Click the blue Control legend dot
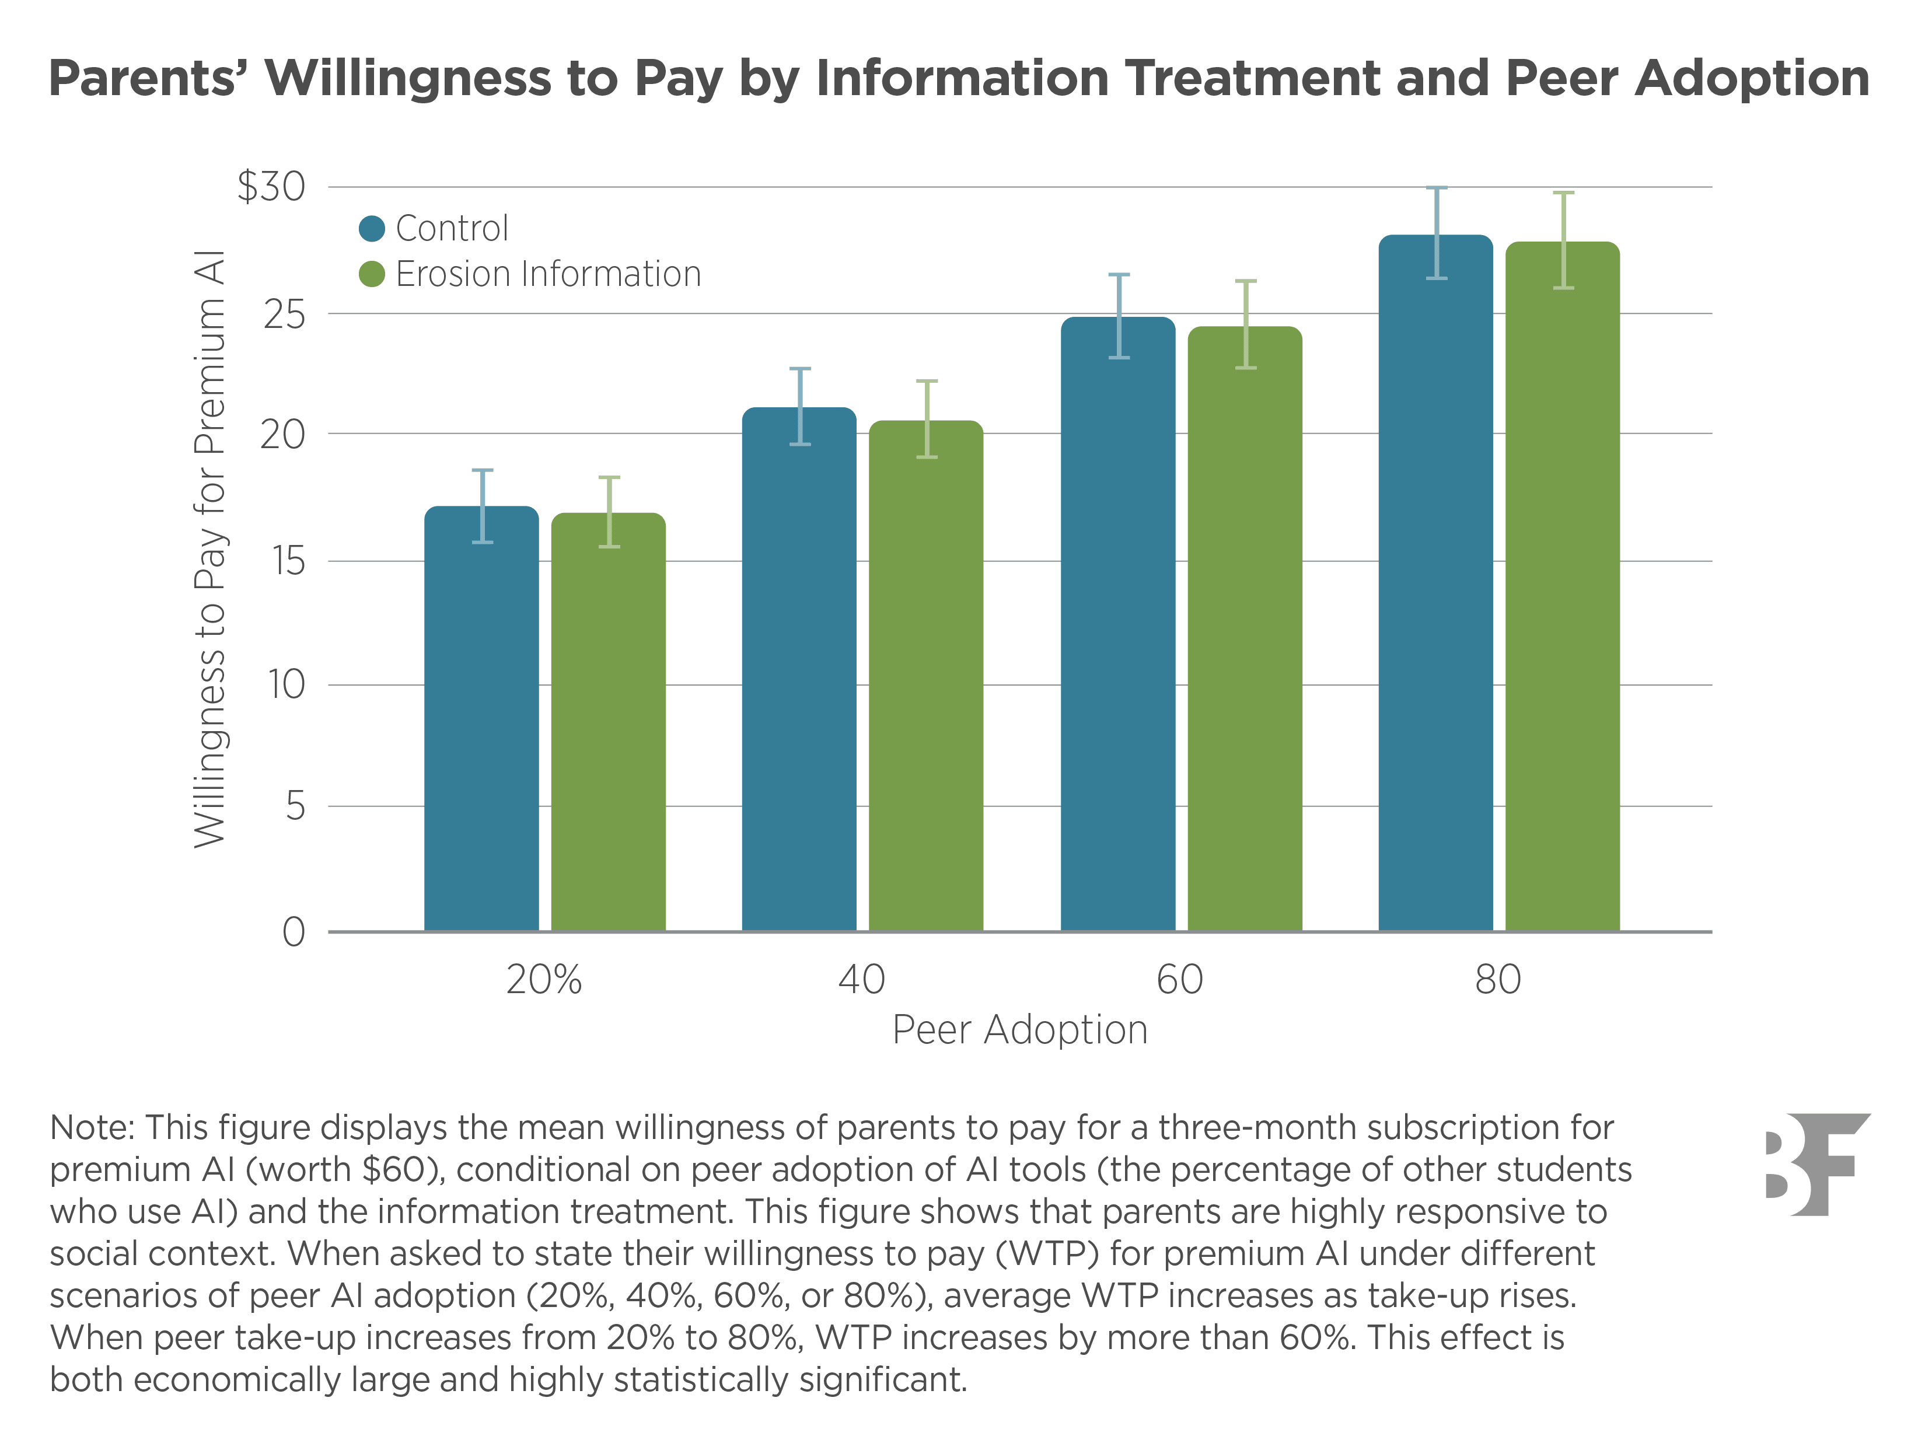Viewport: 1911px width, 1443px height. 372,228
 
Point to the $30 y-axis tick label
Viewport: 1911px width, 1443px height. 271,187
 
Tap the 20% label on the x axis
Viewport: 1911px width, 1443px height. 543,980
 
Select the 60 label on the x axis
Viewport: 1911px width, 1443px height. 1179,980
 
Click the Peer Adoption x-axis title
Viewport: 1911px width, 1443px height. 1019,1030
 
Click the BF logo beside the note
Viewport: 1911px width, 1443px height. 1817,1164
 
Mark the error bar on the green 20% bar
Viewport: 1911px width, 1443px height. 609,512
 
